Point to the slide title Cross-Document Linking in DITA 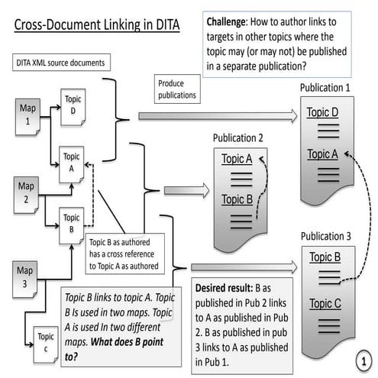coord(96,25)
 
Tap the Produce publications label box coord(176,90)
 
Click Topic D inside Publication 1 coord(323,113)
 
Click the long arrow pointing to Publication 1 coord(218,116)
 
